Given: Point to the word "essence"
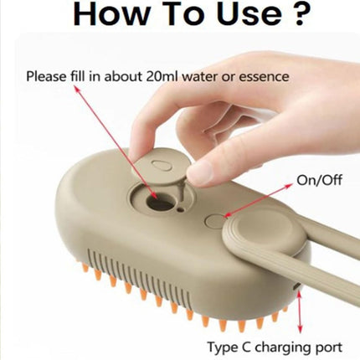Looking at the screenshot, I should [260, 77].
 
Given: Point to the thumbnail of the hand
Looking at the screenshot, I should [201, 172].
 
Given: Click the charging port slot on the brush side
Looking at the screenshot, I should [298, 289].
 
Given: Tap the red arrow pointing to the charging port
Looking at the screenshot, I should [300, 313].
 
